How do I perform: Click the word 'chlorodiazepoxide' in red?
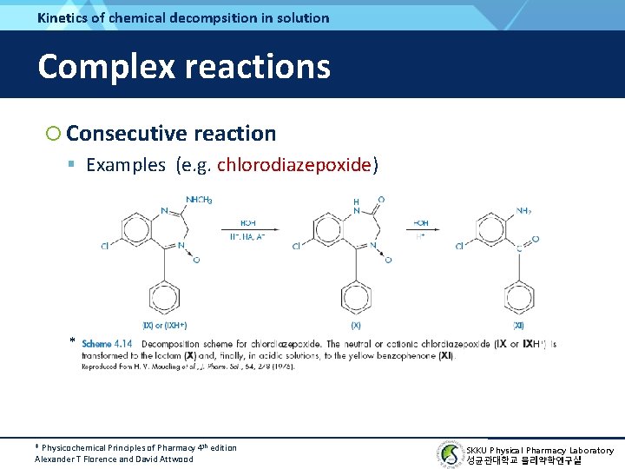click(x=294, y=165)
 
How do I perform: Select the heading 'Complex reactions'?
click(x=184, y=66)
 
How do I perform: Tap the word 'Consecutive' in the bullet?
click(x=126, y=133)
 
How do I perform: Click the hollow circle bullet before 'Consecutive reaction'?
click(x=54, y=133)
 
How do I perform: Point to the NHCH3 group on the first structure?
click(x=196, y=201)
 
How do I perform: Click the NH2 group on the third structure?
click(x=523, y=211)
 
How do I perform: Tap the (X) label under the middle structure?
click(x=356, y=326)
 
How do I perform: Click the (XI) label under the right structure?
click(x=518, y=326)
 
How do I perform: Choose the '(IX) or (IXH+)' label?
click(x=165, y=326)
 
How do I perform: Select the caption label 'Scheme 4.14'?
click(x=107, y=344)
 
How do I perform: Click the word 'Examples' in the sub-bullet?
click(x=126, y=165)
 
